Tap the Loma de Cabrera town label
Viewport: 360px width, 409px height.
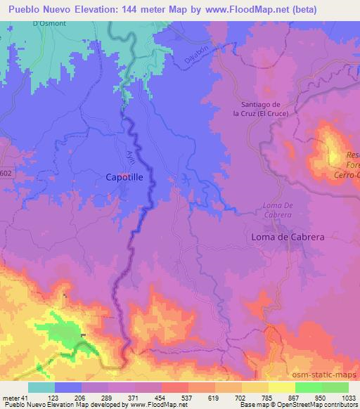(288, 238)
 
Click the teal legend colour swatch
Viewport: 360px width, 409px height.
(41, 387)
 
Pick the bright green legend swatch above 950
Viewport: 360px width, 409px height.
(309, 387)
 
